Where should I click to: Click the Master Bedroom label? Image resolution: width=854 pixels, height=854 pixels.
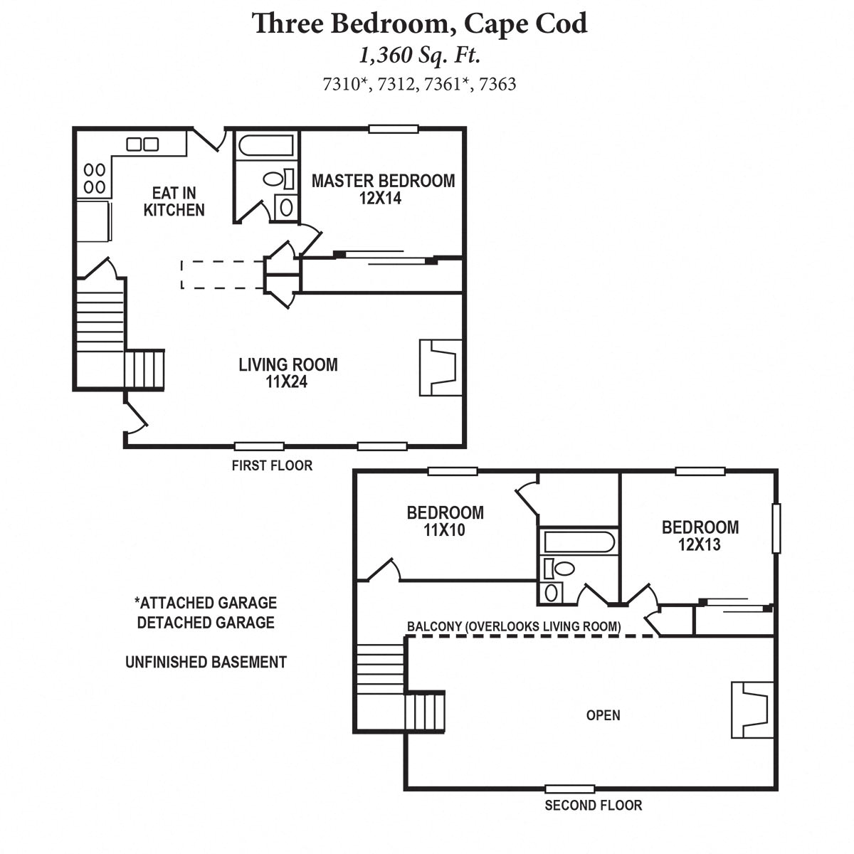[383, 189]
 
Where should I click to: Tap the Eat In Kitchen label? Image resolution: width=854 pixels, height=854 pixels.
[174, 201]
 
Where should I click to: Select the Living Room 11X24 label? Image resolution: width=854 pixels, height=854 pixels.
[288, 373]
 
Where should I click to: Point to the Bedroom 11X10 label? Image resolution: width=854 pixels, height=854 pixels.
[445, 521]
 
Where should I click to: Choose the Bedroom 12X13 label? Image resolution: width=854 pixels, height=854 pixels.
[700, 536]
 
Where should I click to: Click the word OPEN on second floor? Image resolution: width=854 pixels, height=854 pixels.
[603, 715]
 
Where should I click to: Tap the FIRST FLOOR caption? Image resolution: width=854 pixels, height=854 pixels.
[272, 465]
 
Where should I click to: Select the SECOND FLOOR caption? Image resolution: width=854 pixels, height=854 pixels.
[593, 806]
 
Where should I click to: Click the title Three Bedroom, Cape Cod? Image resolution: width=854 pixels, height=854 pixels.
[420, 23]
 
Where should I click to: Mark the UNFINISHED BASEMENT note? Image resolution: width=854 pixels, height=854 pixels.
[206, 662]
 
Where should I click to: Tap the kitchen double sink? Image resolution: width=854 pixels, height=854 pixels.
[142, 144]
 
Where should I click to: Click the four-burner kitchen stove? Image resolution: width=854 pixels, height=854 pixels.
[95, 179]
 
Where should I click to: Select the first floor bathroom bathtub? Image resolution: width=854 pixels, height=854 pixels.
[265, 147]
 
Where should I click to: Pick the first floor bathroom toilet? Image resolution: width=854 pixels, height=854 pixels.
[275, 179]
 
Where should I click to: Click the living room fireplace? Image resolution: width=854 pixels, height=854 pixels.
[441, 367]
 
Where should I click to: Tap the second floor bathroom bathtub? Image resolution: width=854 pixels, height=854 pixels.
[578, 543]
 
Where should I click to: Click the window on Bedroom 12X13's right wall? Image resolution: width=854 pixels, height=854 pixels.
[776, 528]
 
